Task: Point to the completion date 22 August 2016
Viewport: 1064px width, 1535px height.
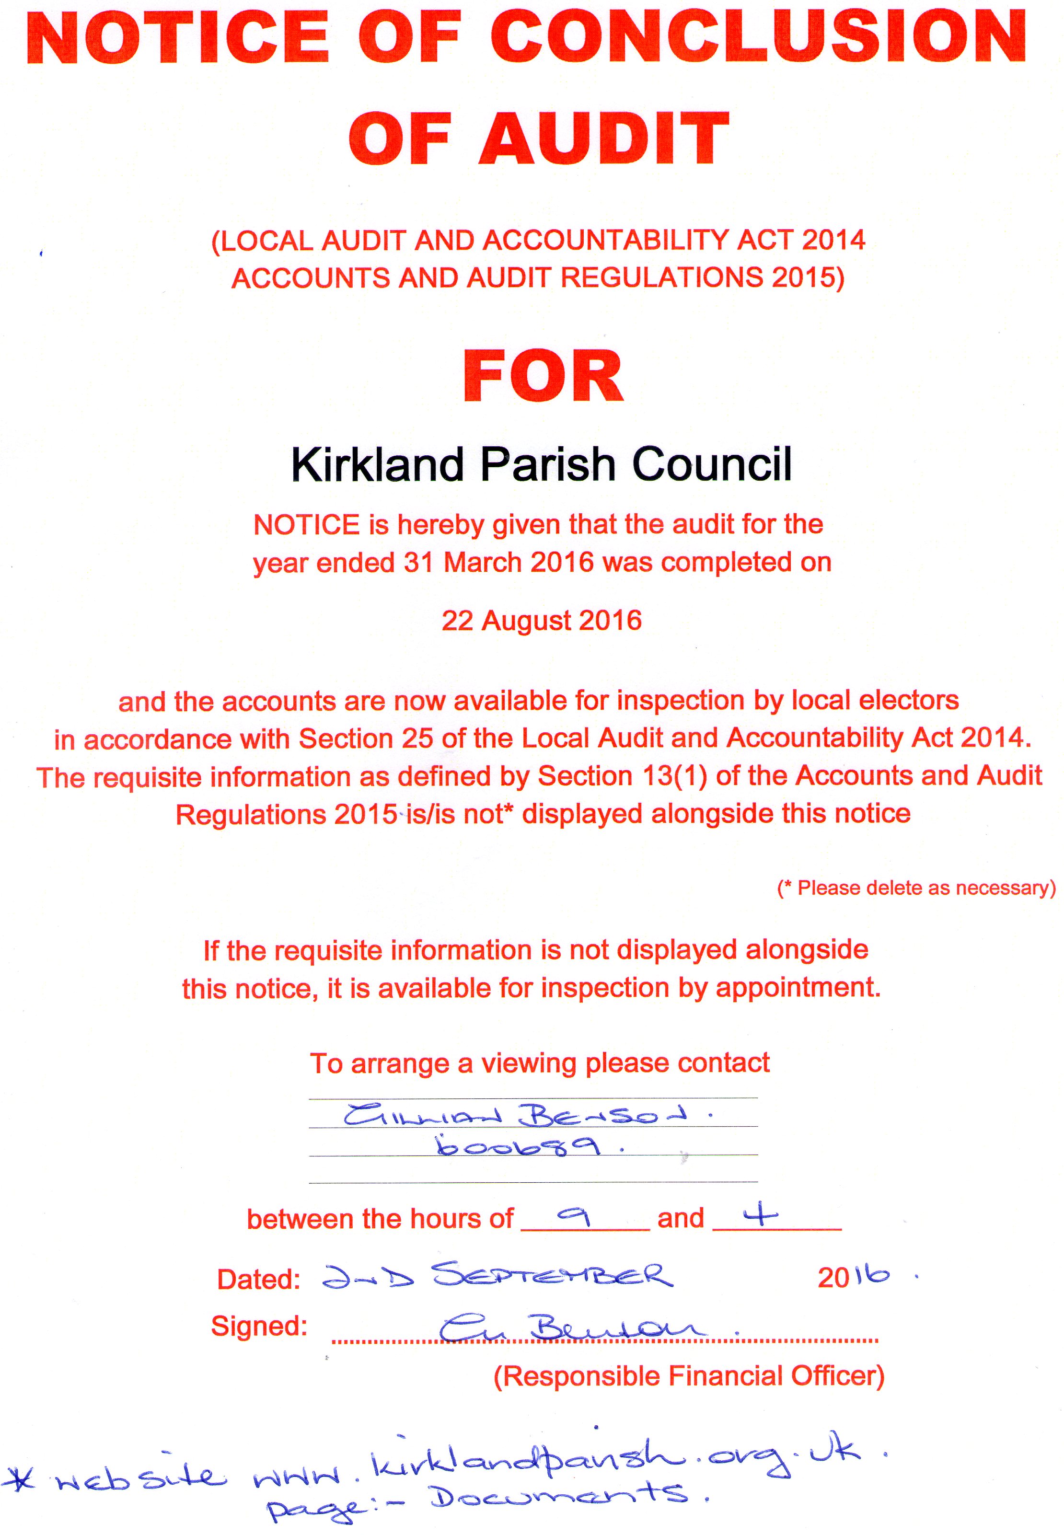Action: (x=541, y=621)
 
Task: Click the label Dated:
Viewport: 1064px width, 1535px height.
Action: (x=258, y=1279)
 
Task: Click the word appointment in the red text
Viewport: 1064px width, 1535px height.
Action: (x=798, y=987)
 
